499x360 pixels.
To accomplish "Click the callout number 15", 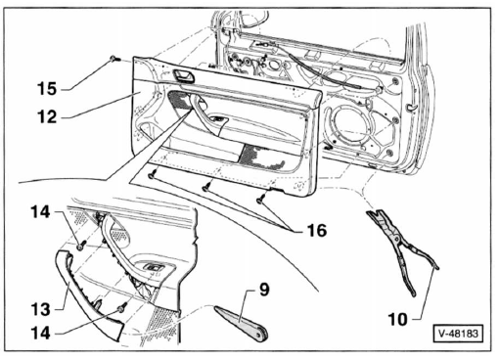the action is coord(47,89).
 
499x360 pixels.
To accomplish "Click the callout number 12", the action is coord(48,116).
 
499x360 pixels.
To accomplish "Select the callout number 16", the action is coord(316,231).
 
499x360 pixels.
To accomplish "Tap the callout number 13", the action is coord(41,309).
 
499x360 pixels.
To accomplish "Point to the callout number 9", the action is coord(264,290).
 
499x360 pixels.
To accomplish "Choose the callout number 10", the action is coord(398,319).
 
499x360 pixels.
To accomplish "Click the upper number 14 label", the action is coord(41,212).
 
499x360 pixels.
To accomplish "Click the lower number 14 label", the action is coord(41,334).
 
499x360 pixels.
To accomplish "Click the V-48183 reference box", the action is coord(458,334).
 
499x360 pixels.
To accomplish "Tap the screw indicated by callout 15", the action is coord(114,59).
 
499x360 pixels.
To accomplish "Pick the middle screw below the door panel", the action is coord(206,187).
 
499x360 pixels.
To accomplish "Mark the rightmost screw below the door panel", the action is coord(261,199).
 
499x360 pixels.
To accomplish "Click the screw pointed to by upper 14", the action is coord(81,246).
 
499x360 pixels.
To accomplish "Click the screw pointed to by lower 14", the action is coord(122,307).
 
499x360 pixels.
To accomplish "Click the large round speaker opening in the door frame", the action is coord(348,126).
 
